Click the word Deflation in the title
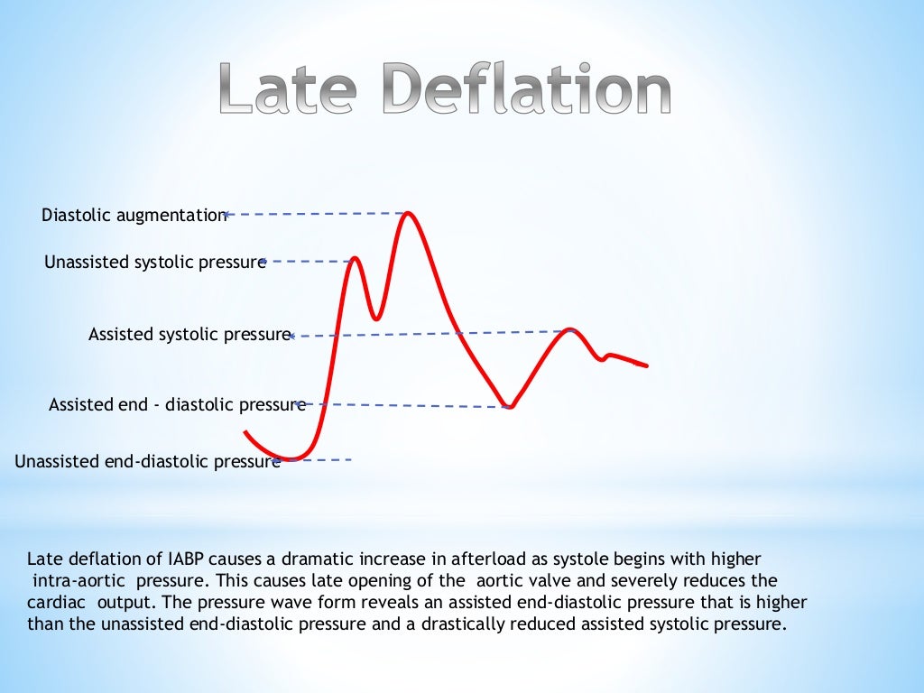[527, 91]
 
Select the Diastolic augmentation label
[134, 215]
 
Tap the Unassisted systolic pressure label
[154, 263]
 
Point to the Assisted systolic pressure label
[189, 335]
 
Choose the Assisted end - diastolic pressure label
[177, 405]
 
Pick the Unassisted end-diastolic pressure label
[147, 462]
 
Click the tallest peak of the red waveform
[409, 214]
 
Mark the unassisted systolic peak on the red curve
[355, 259]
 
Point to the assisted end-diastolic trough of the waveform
[510, 408]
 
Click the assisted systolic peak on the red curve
[569, 330]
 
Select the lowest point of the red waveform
[291, 457]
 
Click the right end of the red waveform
[646, 365]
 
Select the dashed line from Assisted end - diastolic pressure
[406, 406]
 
